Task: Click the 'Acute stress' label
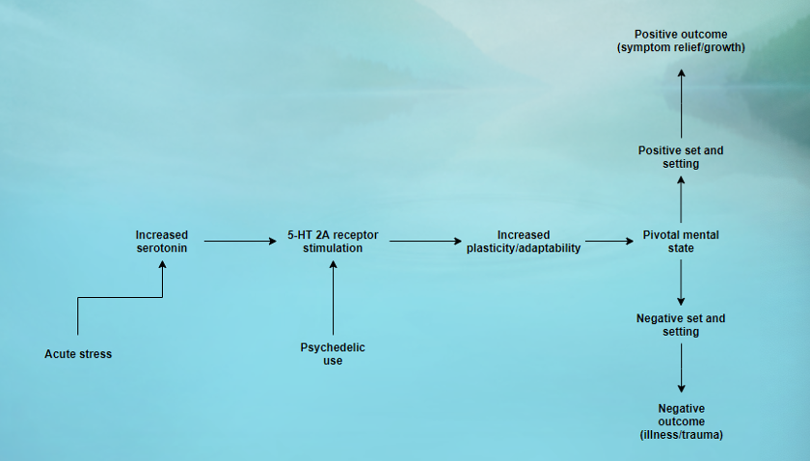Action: click(78, 354)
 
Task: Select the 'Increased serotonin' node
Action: click(162, 241)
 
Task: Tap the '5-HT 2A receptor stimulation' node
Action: click(332, 241)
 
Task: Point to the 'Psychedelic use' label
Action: click(333, 354)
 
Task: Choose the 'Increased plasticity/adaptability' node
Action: click(524, 241)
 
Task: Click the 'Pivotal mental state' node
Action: click(681, 241)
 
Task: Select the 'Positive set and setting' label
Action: click(681, 157)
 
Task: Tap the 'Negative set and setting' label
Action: click(681, 325)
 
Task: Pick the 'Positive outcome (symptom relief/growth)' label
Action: click(681, 41)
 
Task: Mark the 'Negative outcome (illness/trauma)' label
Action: click(681, 421)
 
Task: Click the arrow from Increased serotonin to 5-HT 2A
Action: click(240, 241)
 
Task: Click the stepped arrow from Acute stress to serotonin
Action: click(121, 298)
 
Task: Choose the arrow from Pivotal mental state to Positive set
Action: click(681, 200)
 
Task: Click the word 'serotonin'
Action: click(162, 248)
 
